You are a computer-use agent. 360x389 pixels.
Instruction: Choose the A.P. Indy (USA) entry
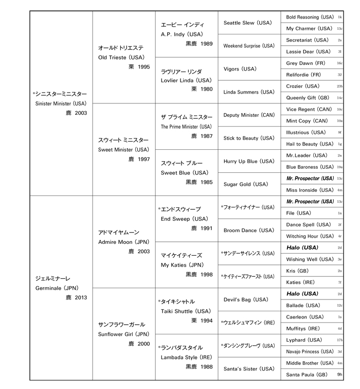pyautogui.click(x=182, y=34)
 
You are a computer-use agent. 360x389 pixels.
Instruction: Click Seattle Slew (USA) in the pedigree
pyautogui.click(x=248, y=23)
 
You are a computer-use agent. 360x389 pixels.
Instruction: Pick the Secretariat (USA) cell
pyautogui.click(x=308, y=40)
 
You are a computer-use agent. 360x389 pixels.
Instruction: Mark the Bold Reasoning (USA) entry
pyautogui.click(x=310, y=17)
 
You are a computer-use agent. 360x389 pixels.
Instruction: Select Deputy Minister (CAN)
pyautogui.click(x=249, y=115)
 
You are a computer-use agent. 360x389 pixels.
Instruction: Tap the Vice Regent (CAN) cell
pyautogui.click(x=308, y=109)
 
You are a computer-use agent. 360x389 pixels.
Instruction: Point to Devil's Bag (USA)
pyautogui.click(x=246, y=299)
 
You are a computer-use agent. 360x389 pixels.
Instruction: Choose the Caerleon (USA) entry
pyautogui.click(x=305, y=317)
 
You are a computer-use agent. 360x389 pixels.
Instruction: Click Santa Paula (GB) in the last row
pyautogui.click(x=307, y=375)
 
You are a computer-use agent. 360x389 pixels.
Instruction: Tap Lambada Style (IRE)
pyautogui.click(x=185, y=357)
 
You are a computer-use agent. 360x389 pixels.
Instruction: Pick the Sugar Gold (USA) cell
pyautogui.click(x=246, y=184)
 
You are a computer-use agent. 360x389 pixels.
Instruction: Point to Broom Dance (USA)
pyautogui.click(x=249, y=231)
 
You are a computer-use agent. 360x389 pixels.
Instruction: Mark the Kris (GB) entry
pyautogui.click(x=298, y=271)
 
